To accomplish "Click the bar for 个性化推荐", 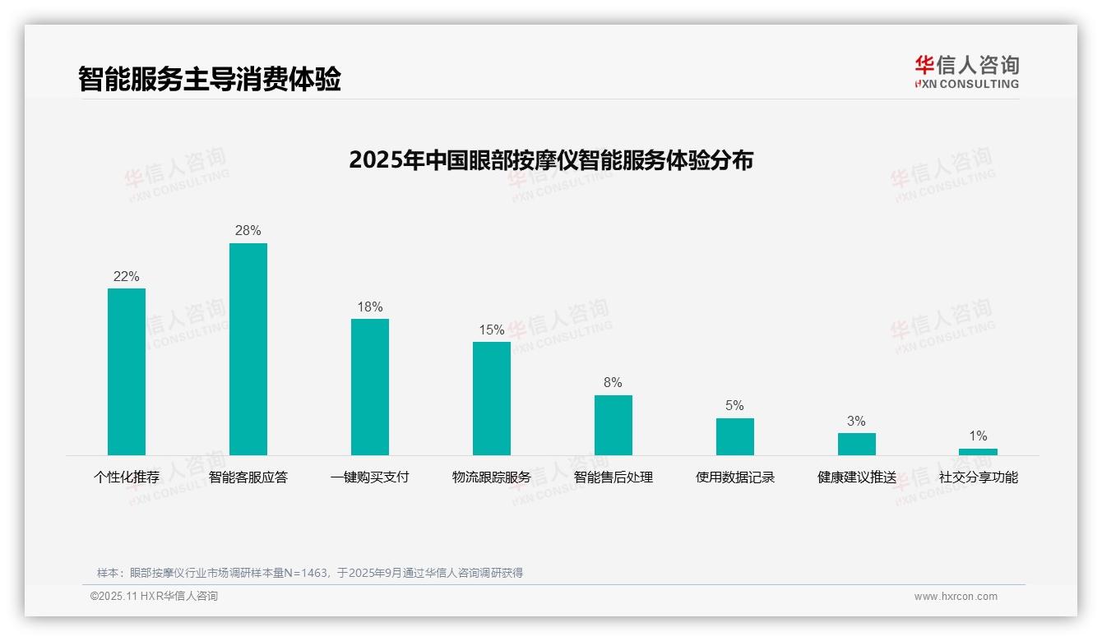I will click(x=127, y=371).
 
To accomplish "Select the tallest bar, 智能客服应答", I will click(x=248, y=349).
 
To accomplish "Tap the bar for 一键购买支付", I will click(x=370, y=387).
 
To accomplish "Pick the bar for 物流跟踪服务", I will click(x=492, y=399).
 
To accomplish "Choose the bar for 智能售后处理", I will click(x=614, y=425).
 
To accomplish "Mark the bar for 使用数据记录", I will click(x=735, y=436).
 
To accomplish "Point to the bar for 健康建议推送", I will click(x=857, y=444).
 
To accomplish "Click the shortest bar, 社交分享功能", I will click(x=978, y=452).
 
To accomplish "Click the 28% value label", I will click(x=248, y=231).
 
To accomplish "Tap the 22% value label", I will click(x=127, y=277).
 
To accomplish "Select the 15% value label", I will click(x=492, y=330).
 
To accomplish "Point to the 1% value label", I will click(x=978, y=436).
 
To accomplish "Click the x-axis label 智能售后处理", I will click(x=614, y=477).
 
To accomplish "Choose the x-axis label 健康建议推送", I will click(x=857, y=477).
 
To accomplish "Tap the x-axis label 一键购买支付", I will click(x=370, y=477).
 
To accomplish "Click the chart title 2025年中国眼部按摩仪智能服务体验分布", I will click(x=551, y=160).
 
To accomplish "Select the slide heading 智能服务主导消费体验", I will click(x=210, y=79).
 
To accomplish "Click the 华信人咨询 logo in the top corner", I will click(x=966, y=71).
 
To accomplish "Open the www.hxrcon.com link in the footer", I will click(x=956, y=597).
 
